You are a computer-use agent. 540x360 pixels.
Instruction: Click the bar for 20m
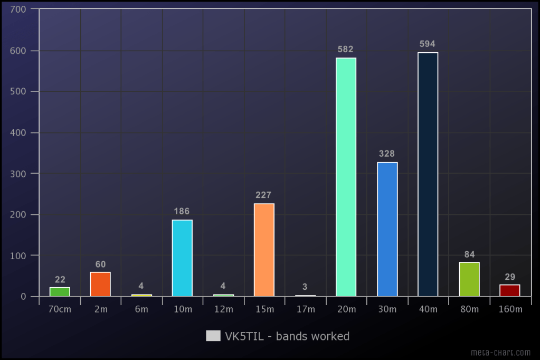pyautogui.click(x=346, y=177)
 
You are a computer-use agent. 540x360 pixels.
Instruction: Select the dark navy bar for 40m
pyautogui.click(x=428, y=174)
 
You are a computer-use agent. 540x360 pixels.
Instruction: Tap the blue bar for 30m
pyautogui.click(x=387, y=229)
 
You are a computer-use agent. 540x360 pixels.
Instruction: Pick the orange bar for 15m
pyautogui.click(x=264, y=250)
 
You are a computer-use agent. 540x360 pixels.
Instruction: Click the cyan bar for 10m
pyautogui.click(x=182, y=258)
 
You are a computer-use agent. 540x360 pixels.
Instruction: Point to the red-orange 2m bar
pyautogui.click(x=100, y=284)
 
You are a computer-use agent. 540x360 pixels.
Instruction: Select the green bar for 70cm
pyautogui.click(x=60, y=291)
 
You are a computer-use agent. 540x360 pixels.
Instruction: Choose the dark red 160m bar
pyautogui.click(x=509, y=290)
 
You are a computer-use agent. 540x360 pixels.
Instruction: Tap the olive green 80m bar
pyautogui.click(x=469, y=279)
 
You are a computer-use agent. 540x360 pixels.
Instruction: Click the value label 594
pyautogui.click(x=428, y=44)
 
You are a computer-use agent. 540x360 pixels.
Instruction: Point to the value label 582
pyautogui.click(x=346, y=49)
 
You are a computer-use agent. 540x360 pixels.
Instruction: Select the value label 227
pyautogui.click(x=263, y=195)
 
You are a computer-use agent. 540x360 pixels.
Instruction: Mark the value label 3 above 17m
pyautogui.click(x=305, y=287)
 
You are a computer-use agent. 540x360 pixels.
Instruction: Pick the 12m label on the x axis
pyautogui.click(x=223, y=309)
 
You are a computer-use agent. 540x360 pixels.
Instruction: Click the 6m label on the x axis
pyautogui.click(x=141, y=309)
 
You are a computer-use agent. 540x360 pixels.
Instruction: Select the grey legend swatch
pyautogui.click(x=213, y=336)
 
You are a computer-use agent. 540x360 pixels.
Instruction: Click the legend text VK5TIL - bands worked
pyautogui.click(x=287, y=336)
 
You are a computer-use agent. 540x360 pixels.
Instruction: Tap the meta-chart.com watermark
pyautogui.click(x=501, y=352)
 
